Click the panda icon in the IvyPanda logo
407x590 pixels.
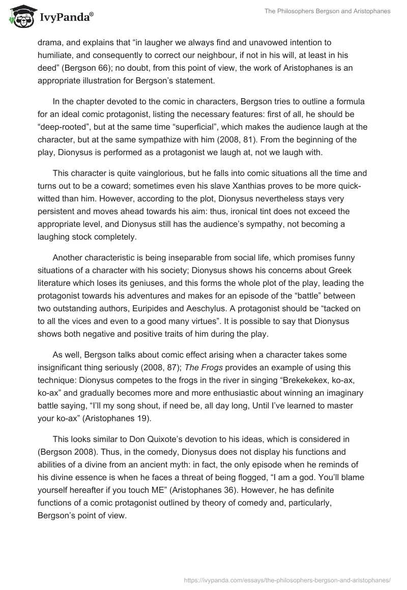(20, 17)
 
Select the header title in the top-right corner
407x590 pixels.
(327, 12)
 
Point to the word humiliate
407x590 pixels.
(56, 55)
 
